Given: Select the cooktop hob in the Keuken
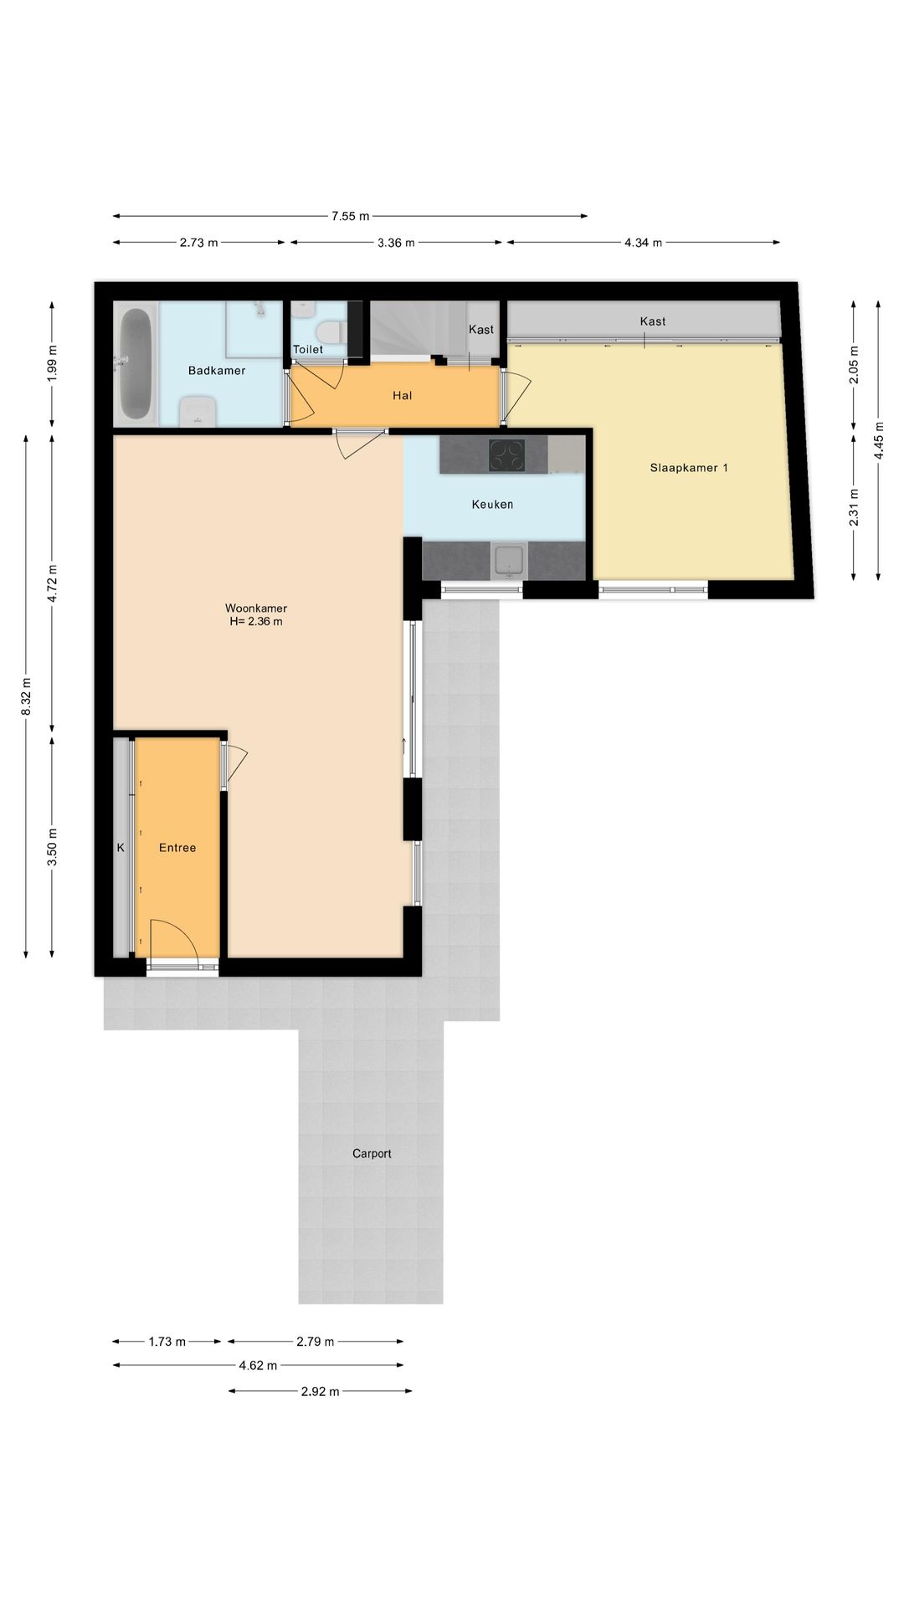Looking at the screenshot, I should pos(506,455).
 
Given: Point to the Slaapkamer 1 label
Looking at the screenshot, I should pos(688,468).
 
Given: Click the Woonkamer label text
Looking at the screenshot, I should pos(255,608).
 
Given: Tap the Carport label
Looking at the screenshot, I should pos(372,1153).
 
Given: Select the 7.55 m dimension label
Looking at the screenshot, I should pos(350,216).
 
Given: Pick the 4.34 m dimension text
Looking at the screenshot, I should pos(643,243).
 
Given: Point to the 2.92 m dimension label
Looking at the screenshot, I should pos(321,1392).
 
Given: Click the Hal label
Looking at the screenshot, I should pos(403,396).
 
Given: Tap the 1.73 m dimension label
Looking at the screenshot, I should pos(167,1342).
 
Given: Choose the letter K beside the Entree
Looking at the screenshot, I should pos(121,848).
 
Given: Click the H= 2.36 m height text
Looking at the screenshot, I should pos(255,622).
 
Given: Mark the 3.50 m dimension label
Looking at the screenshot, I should pos(53,846).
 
